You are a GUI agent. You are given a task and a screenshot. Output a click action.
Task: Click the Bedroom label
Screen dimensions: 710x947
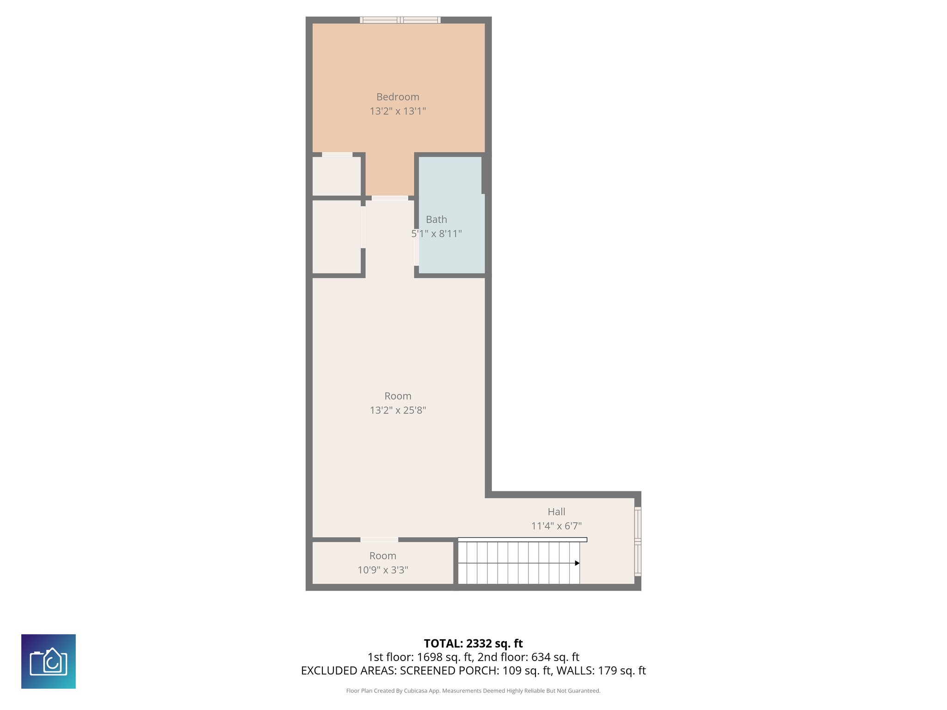(398, 97)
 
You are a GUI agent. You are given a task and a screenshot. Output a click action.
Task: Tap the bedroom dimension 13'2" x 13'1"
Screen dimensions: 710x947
(398, 111)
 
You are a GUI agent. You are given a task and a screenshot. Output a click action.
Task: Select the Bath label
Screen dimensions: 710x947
(437, 220)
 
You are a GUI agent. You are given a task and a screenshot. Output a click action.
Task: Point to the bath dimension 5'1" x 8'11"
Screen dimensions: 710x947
(437, 234)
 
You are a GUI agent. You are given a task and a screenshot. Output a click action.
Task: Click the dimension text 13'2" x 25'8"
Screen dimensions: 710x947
(398, 410)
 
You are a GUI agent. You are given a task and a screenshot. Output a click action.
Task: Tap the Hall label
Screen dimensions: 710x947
(556, 512)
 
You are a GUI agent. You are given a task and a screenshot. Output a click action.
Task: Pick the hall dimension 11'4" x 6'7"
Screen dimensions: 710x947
(556, 526)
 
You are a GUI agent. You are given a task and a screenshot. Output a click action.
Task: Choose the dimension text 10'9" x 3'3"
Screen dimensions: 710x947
(382, 570)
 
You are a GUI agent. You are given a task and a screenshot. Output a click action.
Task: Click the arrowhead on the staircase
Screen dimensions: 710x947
(577, 563)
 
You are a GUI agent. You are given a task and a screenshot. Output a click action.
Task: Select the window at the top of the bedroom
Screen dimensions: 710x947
(400, 20)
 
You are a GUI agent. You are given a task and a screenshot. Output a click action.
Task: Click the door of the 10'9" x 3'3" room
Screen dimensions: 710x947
(379, 539)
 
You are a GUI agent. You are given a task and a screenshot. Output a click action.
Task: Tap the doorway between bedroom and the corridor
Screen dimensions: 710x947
(390, 198)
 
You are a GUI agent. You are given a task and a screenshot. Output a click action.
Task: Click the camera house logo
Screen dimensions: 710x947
(49, 661)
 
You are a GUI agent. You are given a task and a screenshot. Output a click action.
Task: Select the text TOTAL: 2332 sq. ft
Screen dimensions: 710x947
(473, 643)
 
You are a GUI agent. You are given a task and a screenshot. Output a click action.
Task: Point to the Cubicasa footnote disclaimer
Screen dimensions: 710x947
(473, 691)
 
